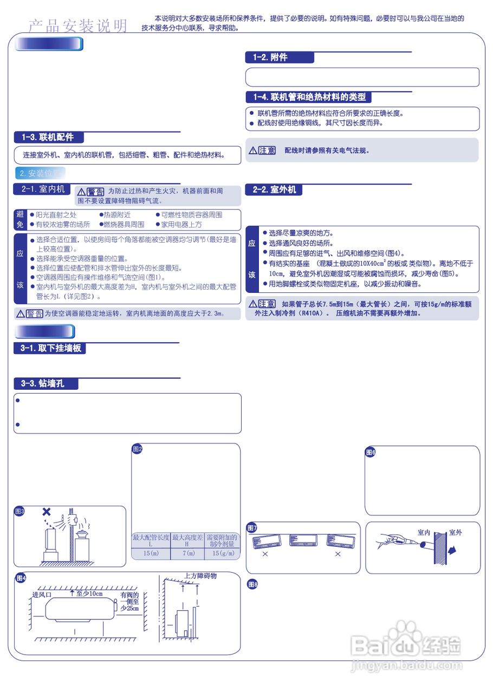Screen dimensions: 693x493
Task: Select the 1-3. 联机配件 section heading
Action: tap(48, 138)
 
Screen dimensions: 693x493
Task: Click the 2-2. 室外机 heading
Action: tap(274, 190)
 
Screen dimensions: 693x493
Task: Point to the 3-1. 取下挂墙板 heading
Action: tap(50, 348)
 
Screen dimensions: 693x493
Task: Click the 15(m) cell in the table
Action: tap(151, 553)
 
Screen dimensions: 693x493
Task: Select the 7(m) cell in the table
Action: tap(187, 553)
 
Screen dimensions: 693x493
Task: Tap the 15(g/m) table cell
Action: tap(223, 553)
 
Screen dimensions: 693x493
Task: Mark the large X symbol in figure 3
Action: tap(47, 512)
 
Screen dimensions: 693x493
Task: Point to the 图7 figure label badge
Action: tap(252, 528)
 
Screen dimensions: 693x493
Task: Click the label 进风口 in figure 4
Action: tap(42, 594)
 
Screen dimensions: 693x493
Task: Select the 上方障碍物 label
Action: tap(200, 576)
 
